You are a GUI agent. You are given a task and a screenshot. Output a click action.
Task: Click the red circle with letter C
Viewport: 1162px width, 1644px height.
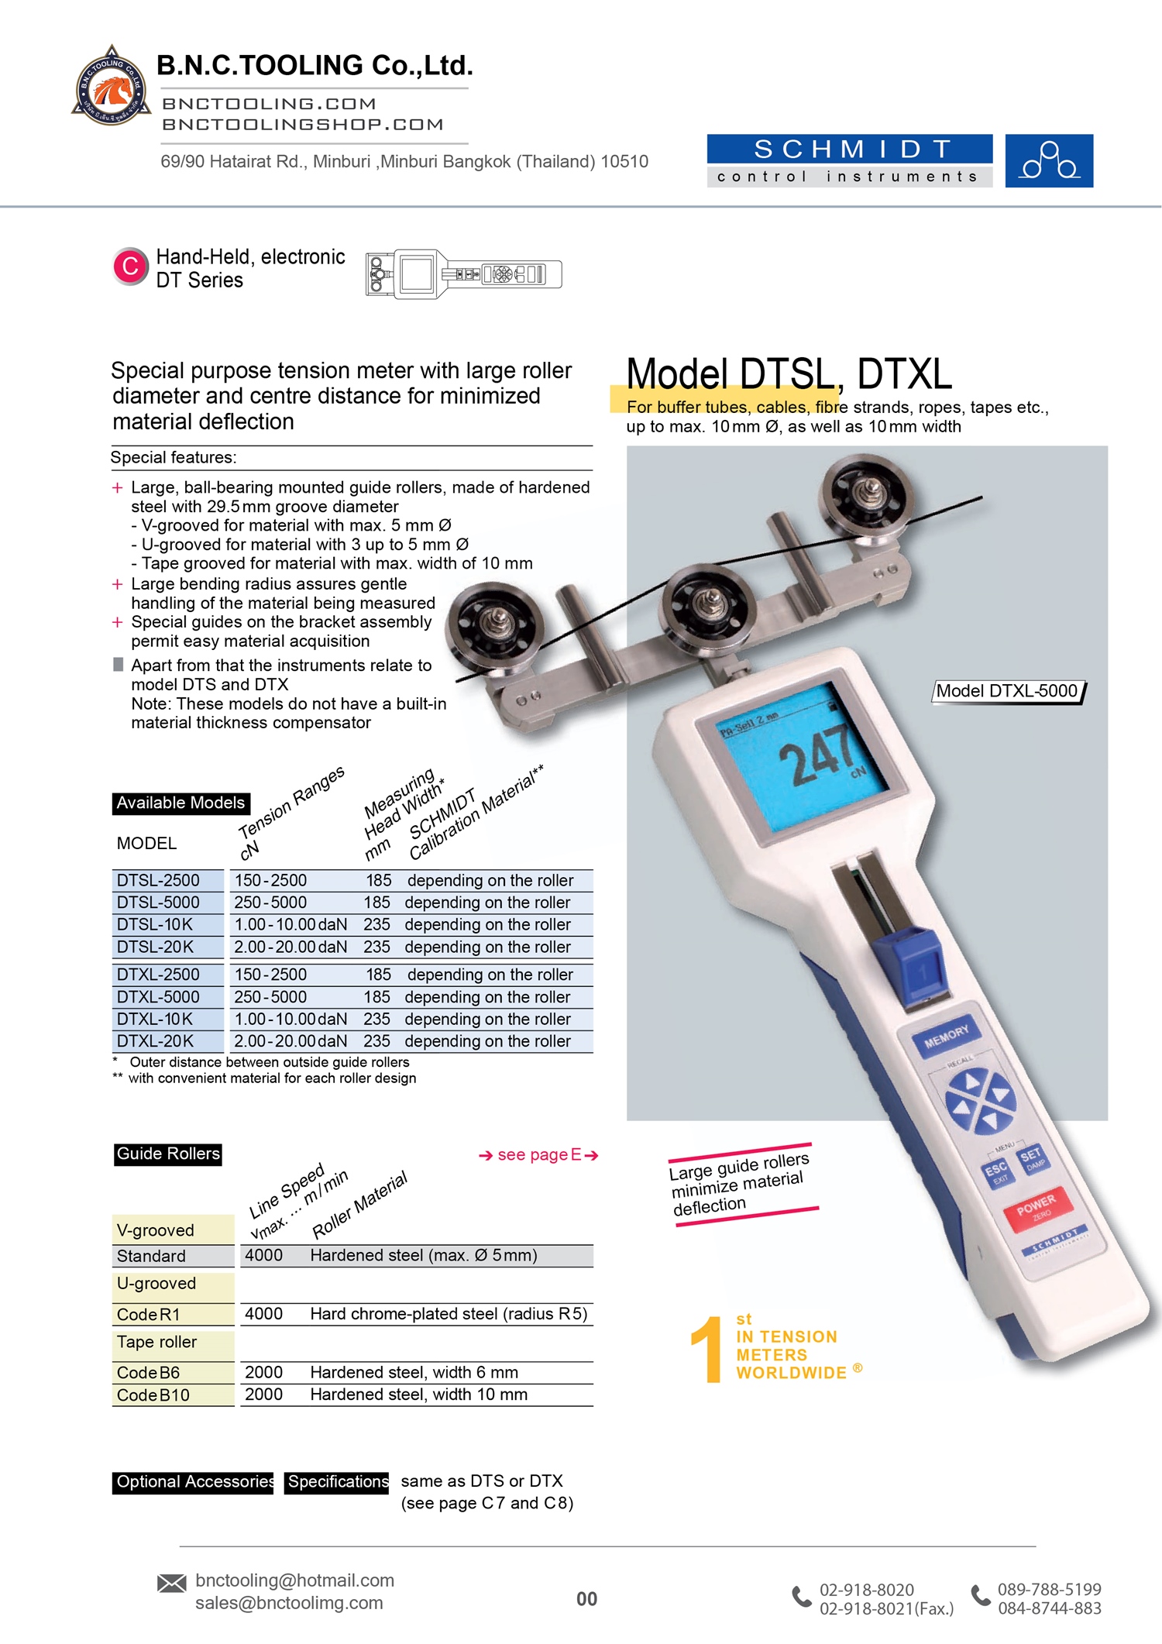pyautogui.click(x=130, y=267)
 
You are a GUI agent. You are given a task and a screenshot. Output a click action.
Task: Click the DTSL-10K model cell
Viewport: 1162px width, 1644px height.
pyautogui.click(x=155, y=925)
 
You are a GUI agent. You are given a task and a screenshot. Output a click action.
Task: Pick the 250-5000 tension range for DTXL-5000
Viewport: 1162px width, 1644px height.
pyautogui.click(x=270, y=997)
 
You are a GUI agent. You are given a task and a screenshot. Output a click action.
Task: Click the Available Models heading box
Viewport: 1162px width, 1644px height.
pyautogui.click(x=180, y=803)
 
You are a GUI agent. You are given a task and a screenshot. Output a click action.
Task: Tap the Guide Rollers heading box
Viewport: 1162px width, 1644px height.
pyautogui.click(x=168, y=1154)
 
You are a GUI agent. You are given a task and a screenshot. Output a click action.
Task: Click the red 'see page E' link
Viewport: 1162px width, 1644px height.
pyautogui.click(x=538, y=1155)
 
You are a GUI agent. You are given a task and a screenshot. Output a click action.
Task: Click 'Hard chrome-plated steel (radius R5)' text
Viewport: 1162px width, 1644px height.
pyautogui.click(x=449, y=1314)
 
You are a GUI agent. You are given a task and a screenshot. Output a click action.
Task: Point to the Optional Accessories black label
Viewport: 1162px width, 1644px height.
pyautogui.click(x=193, y=1482)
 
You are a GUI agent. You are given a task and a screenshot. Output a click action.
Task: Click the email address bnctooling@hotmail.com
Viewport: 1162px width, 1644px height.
pyautogui.click(x=294, y=1580)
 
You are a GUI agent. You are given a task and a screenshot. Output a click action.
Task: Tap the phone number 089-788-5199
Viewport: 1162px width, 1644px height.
pyautogui.click(x=1049, y=1590)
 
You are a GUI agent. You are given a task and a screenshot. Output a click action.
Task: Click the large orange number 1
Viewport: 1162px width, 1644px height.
pyautogui.click(x=707, y=1350)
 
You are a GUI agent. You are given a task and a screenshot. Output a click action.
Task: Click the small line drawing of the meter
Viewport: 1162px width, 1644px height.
pyautogui.click(x=463, y=274)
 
